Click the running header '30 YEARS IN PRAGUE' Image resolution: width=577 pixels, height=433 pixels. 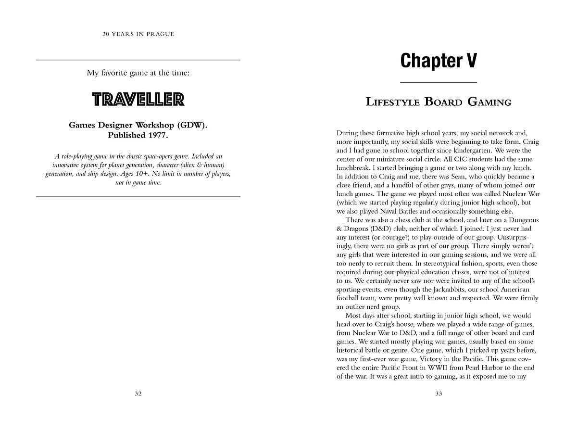click(x=138, y=34)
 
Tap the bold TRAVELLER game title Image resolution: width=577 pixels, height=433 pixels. click(x=138, y=100)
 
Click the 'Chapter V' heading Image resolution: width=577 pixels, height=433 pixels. click(x=439, y=61)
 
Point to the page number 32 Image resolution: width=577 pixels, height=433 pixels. click(x=138, y=394)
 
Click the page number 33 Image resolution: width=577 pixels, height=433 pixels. click(x=439, y=394)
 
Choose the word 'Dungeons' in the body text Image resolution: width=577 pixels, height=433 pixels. click(x=523, y=220)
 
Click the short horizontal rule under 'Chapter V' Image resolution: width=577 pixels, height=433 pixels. click(x=439, y=83)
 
